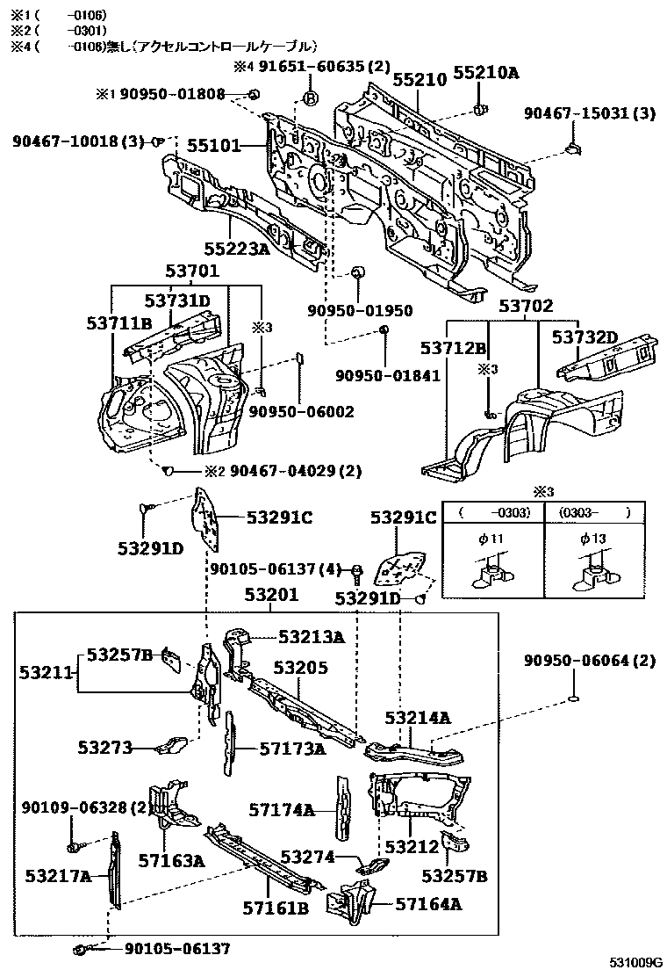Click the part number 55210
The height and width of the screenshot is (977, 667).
pyautogui.click(x=420, y=80)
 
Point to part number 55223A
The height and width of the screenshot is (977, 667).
pyautogui.click(x=237, y=249)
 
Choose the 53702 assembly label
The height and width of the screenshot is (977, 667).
pyautogui.click(x=527, y=307)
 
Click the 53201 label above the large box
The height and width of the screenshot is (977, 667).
pyautogui.click(x=271, y=596)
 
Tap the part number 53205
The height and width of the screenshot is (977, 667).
pyautogui.click(x=300, y=668)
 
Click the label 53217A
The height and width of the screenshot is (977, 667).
pyautogui.click(x=58, y=876)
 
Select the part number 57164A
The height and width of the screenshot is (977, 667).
pyautogui.click(x=428, y=902)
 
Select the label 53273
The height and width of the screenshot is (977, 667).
pyautogui.click(x=104, y=748)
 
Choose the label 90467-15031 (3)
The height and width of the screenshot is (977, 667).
pyautogui.click(x=589, y=112)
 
